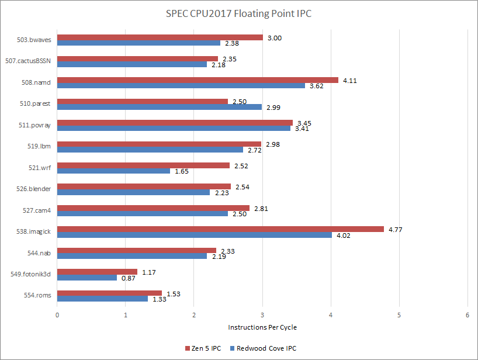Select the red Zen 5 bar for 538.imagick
point(220,229)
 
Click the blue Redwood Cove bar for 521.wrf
point(113,171)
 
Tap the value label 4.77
point(396,230)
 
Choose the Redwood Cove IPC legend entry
point(266,348)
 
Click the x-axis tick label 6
point(467,314)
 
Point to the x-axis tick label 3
point(262,314)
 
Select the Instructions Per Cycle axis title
point(262,327)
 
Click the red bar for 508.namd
point(198,80)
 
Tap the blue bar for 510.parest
point(160,107)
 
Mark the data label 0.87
point(128,278)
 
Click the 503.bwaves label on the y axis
point(34,40)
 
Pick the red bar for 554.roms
point(109,293)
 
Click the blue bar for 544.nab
point(132,256)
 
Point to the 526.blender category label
point(34,189)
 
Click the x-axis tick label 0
point(57,314)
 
